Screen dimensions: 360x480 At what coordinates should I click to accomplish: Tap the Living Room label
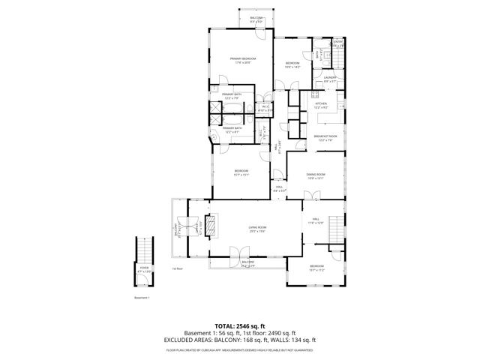pos(258,229)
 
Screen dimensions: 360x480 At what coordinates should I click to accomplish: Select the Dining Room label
pos(315,175)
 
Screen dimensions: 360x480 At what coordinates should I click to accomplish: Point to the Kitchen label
pos(321,105)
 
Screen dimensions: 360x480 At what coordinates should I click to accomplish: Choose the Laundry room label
pos(329,78)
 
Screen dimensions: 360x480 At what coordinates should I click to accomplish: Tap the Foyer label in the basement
pos(144,267)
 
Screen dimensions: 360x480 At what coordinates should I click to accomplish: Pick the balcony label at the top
pos(256,19)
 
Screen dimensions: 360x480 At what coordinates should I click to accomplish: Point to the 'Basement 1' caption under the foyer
pos(142,297)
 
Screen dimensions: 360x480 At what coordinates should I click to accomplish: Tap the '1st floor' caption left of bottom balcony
pos(177,268)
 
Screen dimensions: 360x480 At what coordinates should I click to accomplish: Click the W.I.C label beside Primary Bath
pos(265,108)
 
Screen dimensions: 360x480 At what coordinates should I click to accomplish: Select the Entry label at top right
pos(338,43)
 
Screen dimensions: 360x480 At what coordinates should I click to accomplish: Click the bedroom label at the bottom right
pos(317,267)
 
